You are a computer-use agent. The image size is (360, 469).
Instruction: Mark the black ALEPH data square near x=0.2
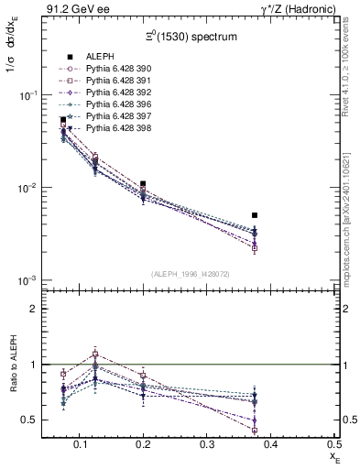click(x=143, y=184)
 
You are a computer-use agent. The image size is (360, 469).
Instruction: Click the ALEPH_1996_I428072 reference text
click(x=191, y=274)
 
